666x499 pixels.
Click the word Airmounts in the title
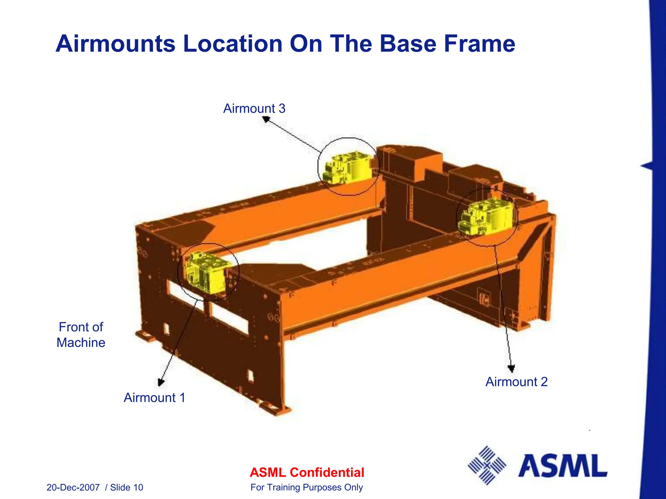click(x=115, y=44)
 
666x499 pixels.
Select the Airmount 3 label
click(x=254, y=109)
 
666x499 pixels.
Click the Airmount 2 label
click(x=516, y=382)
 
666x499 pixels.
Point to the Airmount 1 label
click(x=154, y=398)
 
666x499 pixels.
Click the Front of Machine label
click(x=81, y=335)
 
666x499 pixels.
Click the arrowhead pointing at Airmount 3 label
click(x=266, y=120)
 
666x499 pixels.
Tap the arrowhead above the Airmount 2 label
click(x=511, y=369)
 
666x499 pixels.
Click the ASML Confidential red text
click(x=307, y=472)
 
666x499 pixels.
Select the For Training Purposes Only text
click(x=307, y=487)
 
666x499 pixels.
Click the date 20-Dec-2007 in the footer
click(x=73, y=487)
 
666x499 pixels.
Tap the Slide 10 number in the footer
click(x=127, y=487)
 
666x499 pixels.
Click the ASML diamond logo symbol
click(x=487, y=465)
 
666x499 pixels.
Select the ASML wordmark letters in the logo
click(x=563, y=466)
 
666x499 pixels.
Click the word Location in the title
click(x=233, y=44)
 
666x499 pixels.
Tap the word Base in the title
click(x=408, y=44)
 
